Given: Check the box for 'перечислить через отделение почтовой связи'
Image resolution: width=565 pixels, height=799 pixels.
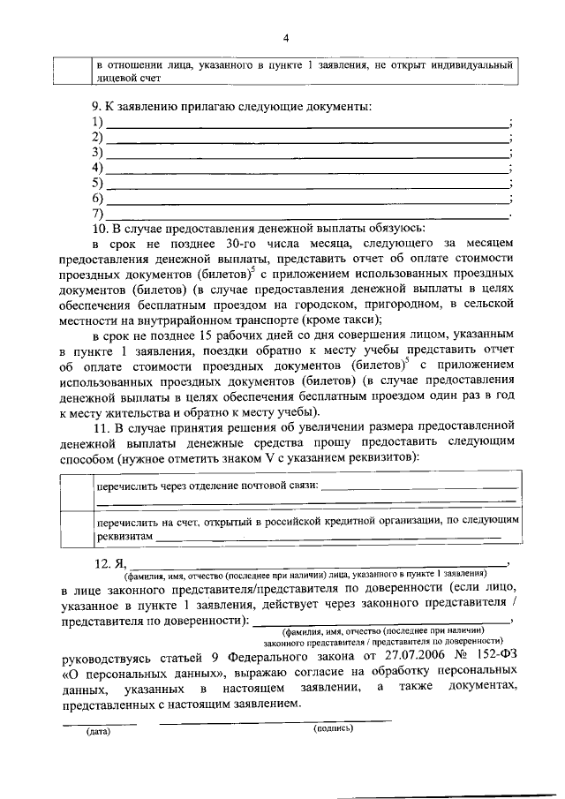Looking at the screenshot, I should pos(72,493).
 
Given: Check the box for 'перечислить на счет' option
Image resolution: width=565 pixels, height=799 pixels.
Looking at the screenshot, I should pos(72,530).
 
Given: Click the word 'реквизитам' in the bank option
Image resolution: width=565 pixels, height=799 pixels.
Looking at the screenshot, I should pos(124,537).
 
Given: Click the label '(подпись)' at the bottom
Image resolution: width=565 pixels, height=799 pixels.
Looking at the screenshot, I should pos(333,729).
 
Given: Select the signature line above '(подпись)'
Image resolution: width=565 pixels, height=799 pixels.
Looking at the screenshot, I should pos(274,721).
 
